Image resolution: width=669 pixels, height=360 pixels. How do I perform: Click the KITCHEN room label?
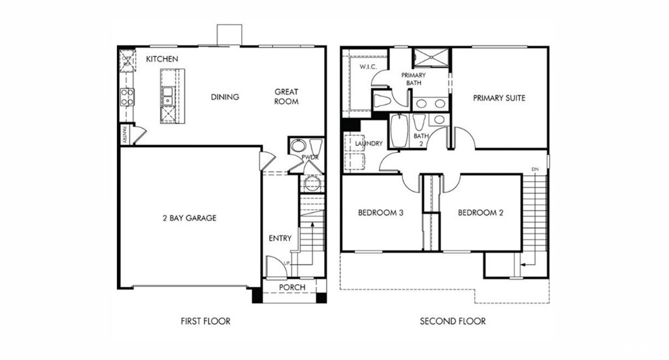click(162, 59)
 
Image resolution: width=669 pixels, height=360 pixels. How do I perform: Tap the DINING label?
click(225, 97)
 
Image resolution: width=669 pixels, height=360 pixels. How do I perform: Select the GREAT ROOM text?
click(286, 97)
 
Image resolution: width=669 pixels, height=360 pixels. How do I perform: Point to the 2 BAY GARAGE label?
click(189, 218)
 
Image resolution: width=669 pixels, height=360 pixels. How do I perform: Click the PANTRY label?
click(123, 135)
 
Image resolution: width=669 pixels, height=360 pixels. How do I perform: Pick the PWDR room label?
click(310, 157)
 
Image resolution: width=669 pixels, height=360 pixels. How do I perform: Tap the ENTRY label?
click(280, 238)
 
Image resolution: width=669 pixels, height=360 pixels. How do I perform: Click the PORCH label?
click(292, 287)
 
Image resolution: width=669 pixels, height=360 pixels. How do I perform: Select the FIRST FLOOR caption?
click(205, 321)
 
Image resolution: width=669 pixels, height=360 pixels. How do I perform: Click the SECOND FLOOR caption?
click(453, 321)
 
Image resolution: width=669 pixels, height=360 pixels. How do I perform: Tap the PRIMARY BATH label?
click(413, 79)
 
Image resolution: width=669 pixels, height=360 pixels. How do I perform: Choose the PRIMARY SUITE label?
click(499, 98)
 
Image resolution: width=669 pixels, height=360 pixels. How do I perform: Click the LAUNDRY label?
click(368, 143)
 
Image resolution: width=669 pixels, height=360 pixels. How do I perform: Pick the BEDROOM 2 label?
click(480, 213)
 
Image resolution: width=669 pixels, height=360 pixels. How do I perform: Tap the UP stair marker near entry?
click(269, 262)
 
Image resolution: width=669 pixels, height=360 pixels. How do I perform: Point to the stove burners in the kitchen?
click(127, 97)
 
